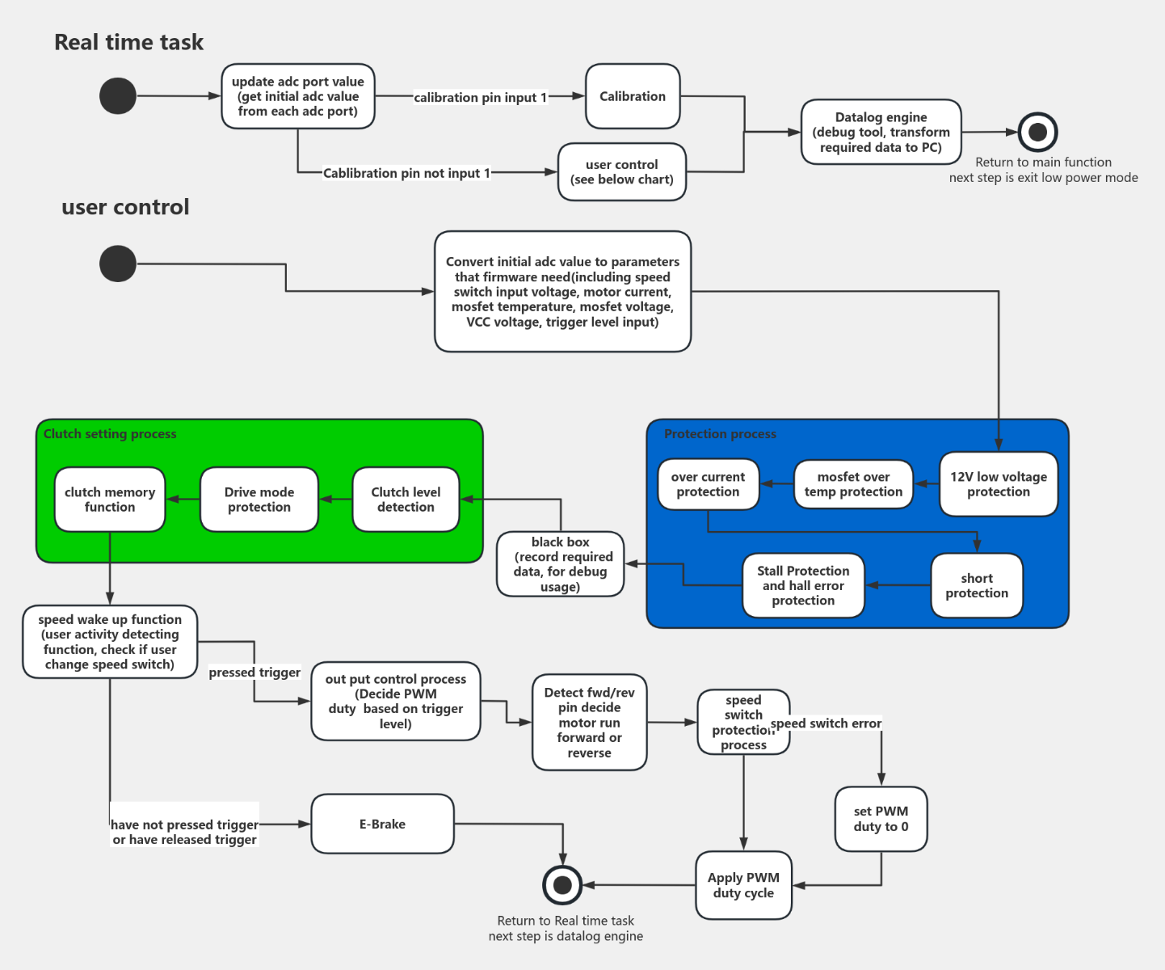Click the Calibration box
(x=632, y=96)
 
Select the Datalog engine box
(x=881, y=132)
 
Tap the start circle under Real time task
(x=118, y=96)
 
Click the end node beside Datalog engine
(x=1037, y=132)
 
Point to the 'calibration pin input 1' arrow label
(x=480, y=98)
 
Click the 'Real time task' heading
(x=128, y=42)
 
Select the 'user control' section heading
(x=125, y=207)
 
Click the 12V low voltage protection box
(x=998, y=484)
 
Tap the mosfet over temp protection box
(x=853, y=484)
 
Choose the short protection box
(x=976, y=585)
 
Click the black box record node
(x=560, y=564)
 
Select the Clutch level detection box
(x=406, y=500)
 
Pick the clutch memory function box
(x=110, y=500)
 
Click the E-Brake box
(x=382, y=824)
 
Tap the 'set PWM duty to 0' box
(x=881, y=819)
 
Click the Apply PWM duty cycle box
(x=743, y=885)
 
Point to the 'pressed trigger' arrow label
(x=254, y=673)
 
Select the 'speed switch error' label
(x=826, y=723)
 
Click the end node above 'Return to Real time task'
(x=562, y=885)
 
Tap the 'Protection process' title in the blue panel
(x=720, y=434)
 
